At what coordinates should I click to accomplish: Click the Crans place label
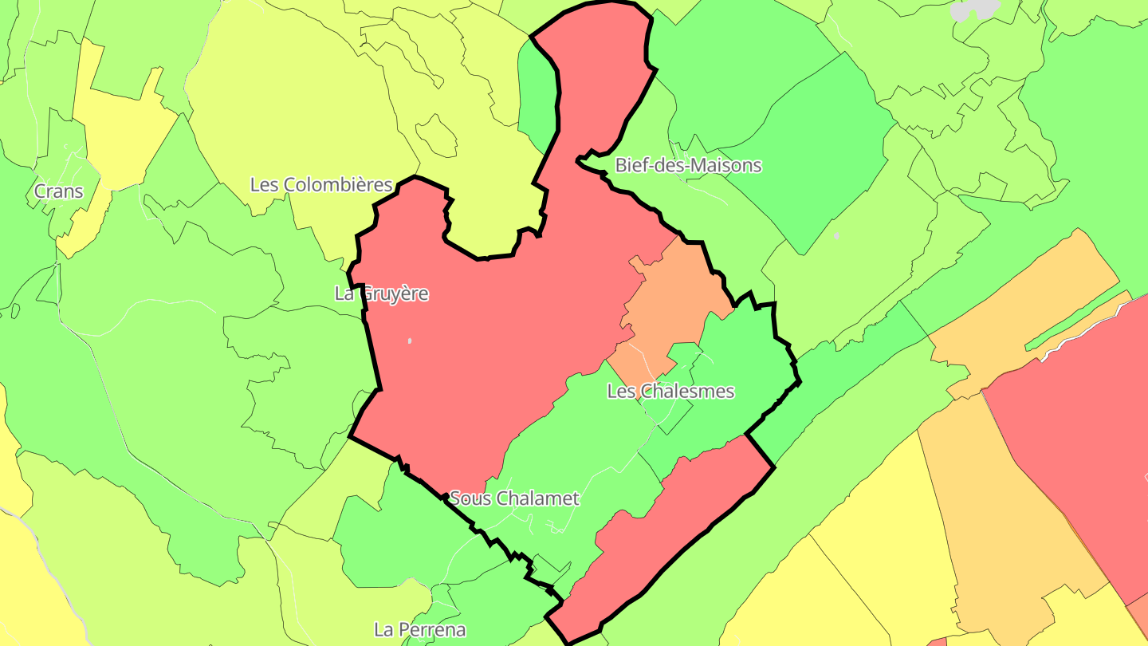click(58, 191)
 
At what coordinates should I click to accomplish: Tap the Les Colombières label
click(321, 185)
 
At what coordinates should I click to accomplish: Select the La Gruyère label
click(381, 293)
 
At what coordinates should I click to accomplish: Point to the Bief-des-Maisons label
click(688, 166)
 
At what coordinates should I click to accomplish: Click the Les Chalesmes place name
click(670, 392)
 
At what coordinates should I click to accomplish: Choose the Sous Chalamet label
click(514, 499)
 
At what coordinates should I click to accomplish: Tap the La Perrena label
click(419, 630)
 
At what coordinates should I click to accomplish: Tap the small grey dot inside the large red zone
click(410, 341)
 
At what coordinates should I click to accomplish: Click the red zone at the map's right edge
click(1076, 447)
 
